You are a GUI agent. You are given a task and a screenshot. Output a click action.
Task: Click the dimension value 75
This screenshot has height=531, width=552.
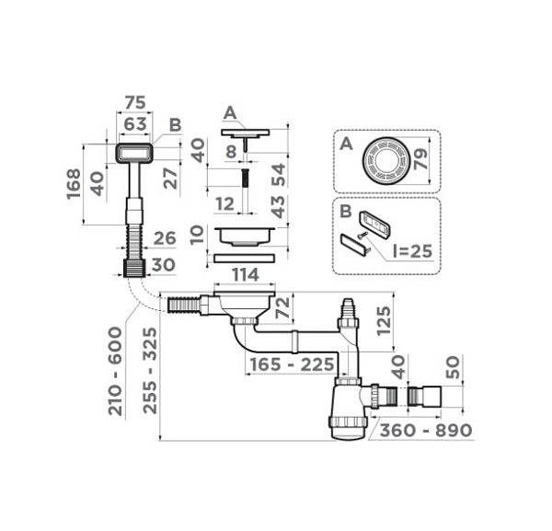[x=135, y=103]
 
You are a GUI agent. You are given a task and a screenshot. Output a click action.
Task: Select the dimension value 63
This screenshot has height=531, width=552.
[x=135, y=124]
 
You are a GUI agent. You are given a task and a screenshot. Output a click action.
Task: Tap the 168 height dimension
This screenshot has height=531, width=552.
[x=75, y=184]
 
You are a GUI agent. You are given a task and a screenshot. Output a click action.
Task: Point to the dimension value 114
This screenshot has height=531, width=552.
[x=246, y=274]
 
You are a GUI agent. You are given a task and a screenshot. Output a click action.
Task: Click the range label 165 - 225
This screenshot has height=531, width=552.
[x=292, y=364]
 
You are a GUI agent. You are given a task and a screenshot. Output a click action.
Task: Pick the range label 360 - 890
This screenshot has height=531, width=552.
[x=426, y=430]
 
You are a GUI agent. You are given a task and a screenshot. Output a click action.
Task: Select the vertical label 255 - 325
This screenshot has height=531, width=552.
[x=150, y=371]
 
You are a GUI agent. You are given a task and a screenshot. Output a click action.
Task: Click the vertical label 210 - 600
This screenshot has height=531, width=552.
[x=115, y=371]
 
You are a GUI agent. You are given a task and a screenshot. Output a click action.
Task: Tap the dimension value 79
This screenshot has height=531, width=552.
[x=420, y=159]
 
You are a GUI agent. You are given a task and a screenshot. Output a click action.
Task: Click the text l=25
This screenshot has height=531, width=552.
[x=412, y=251]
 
